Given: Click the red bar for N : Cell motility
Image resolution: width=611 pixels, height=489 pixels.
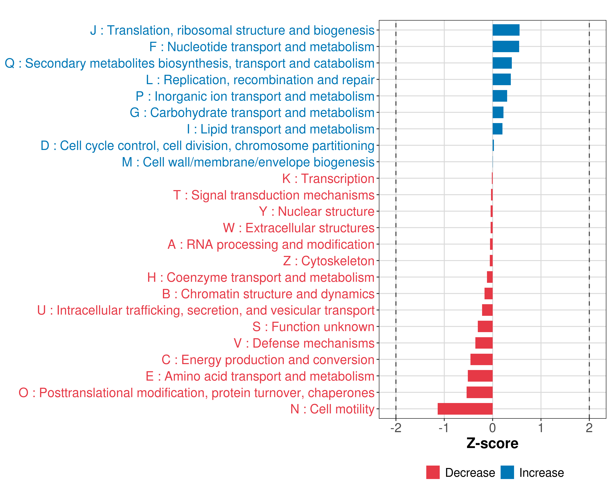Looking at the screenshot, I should point(465,409).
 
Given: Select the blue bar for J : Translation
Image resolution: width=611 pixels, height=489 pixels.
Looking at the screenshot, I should point(506,30).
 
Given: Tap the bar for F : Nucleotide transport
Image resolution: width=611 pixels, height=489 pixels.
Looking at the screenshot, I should point(506,46).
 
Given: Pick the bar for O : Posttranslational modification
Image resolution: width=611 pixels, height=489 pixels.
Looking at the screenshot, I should point(479,392).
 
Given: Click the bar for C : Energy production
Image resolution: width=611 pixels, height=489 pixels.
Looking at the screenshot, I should point(481,359).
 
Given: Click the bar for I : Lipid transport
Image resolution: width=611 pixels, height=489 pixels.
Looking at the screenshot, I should point(497,129).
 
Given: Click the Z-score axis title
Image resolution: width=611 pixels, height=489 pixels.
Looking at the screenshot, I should point(492,443).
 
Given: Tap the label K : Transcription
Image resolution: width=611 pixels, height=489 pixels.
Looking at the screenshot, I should point(328,179).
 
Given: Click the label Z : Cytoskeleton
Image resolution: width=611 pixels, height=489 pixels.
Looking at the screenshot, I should point(329,261).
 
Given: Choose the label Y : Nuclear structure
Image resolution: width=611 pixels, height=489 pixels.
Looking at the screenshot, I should point(316,212).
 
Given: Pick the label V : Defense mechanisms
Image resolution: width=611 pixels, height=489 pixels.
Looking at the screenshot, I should point(304,343).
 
